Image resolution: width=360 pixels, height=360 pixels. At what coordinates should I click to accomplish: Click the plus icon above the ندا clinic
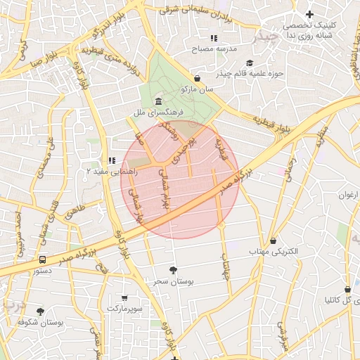(309, 14)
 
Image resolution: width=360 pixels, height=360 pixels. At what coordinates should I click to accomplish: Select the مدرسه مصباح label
(214, 49)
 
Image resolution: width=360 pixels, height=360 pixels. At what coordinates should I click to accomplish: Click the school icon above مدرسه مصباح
(214, 38)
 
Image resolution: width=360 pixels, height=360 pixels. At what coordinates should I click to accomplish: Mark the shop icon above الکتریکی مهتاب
(273, 240)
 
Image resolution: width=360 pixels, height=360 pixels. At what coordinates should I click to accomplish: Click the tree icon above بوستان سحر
(173, 269)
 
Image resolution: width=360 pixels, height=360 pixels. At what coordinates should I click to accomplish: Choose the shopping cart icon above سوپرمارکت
(124, 298)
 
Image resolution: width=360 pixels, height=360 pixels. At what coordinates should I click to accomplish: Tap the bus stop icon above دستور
(44, 259)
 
